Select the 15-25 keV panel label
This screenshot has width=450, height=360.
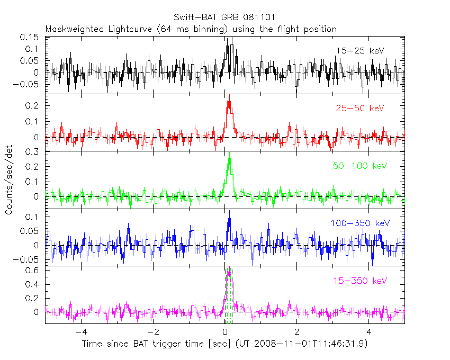tap(359, 51)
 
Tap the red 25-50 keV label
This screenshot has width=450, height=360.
tap(359, 109)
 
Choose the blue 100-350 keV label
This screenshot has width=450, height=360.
tap(360, 223)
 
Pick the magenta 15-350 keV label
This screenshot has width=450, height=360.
tap(359, 280)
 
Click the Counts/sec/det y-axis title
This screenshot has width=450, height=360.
tap(9, 180)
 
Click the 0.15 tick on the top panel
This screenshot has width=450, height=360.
tap(30, 37)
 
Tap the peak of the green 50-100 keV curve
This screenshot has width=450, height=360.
tap(229, 158)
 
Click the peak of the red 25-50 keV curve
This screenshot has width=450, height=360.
tap(229, 101)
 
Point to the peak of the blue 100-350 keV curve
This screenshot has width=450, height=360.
tap(229, 218)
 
